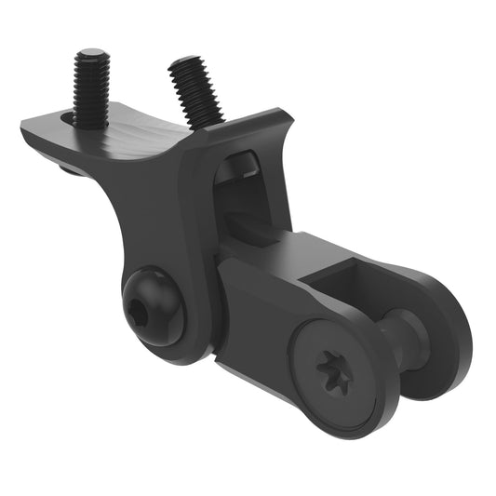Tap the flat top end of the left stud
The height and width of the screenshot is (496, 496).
pos(92,56)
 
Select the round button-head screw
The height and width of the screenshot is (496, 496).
pos(153,304)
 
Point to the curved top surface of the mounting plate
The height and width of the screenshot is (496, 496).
pos(140,140)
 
